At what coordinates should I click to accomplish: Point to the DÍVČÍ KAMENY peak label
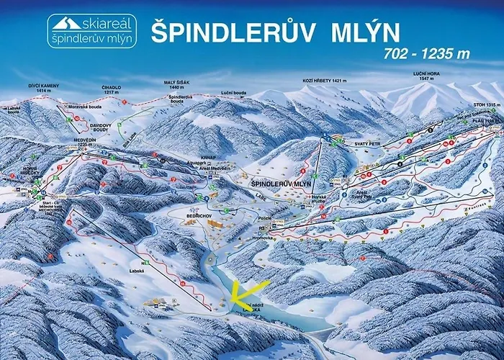(43, 87)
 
